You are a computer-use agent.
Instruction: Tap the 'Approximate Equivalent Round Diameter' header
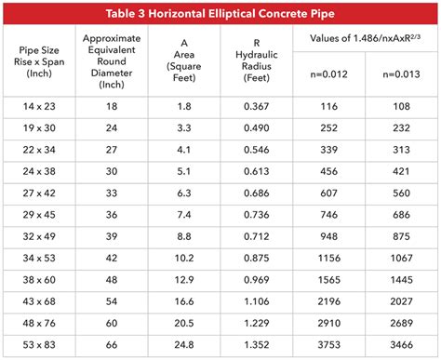pos(112,61)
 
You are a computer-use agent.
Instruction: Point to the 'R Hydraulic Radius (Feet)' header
pos(255,61)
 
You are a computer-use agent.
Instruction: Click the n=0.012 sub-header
pos(328,75)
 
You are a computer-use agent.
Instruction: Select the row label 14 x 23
pos(38,108)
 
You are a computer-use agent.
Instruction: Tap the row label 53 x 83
pos(38,343)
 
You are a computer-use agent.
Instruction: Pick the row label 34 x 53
pos(38,258)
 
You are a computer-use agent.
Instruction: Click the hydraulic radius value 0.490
pos(255,129)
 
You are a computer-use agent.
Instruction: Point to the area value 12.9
pos(183,279)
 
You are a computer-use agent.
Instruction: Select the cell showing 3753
pos(328,343)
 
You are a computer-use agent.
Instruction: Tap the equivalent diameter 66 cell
pos(112,343)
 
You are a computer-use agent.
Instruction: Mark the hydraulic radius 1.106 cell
pos(255,300)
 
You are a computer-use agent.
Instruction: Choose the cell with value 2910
pos(328,322)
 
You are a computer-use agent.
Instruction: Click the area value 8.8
pos(183,236)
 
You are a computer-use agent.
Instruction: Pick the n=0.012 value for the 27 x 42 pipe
pos(328,193)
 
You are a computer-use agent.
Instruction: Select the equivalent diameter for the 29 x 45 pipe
pos(112,215)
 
